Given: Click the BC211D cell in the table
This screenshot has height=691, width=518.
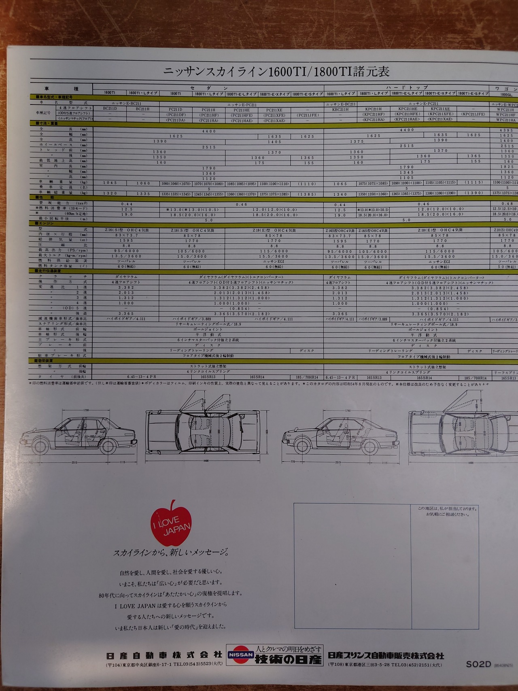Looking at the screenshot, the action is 110,108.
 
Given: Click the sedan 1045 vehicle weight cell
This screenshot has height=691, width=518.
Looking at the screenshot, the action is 110,183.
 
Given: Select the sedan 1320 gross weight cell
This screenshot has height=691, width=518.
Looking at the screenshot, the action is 110,193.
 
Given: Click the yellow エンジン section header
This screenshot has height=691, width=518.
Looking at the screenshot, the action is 45,223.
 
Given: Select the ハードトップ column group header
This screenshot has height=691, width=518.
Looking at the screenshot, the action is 407,87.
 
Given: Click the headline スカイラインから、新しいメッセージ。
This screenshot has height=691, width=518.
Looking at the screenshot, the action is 171,553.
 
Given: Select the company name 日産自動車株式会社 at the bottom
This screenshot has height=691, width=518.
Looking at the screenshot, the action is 164,655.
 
